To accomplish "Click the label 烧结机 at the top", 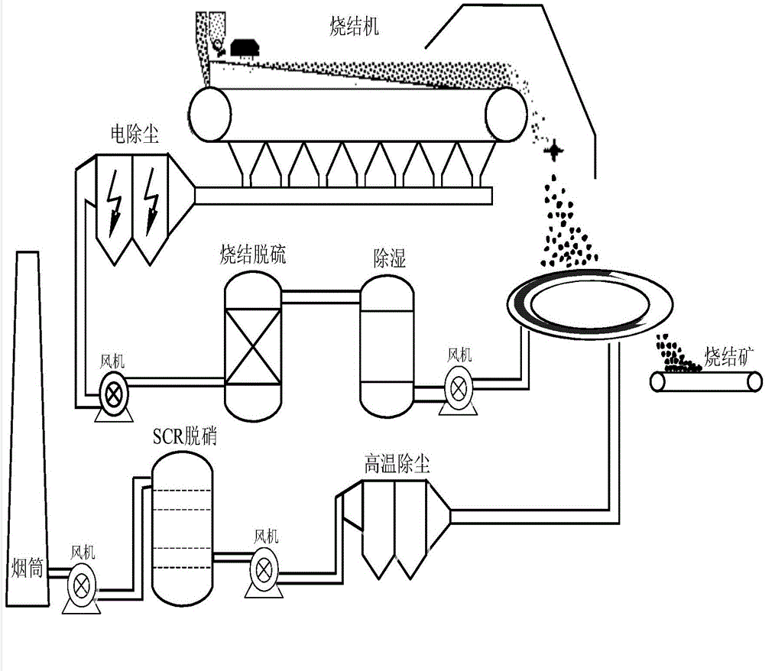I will pyautogui.click(x=349, y=28).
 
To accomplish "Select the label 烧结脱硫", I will pyautogui.click(x=252, y=255).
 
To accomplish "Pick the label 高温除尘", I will pyautogui.click(x=397, y=464).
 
